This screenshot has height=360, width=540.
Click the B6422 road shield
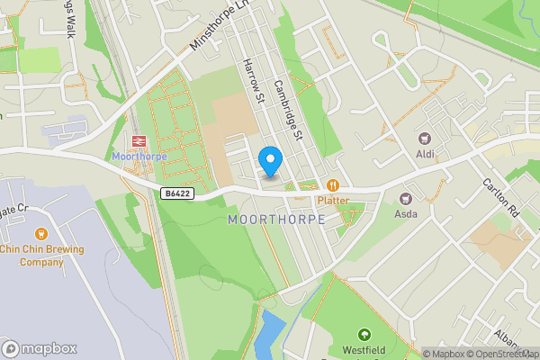177,193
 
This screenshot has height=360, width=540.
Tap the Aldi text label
425,155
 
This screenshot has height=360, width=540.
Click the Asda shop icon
406,198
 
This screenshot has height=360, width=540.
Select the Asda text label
406,214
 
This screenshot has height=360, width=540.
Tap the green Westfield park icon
364,335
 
